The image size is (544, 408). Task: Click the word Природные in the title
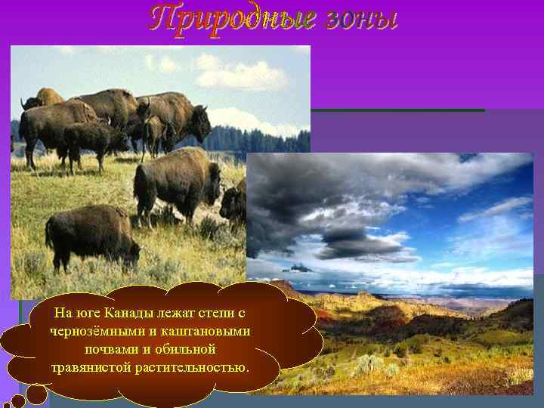pyautogui.click(x=232, y=18)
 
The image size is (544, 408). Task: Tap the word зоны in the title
pyautogui.click(x=362, y=18)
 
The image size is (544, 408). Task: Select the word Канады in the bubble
pyautogui.click(x=130, y=313)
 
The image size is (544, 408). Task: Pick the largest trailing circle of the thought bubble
pyautogui.click(x=36, y=394)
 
